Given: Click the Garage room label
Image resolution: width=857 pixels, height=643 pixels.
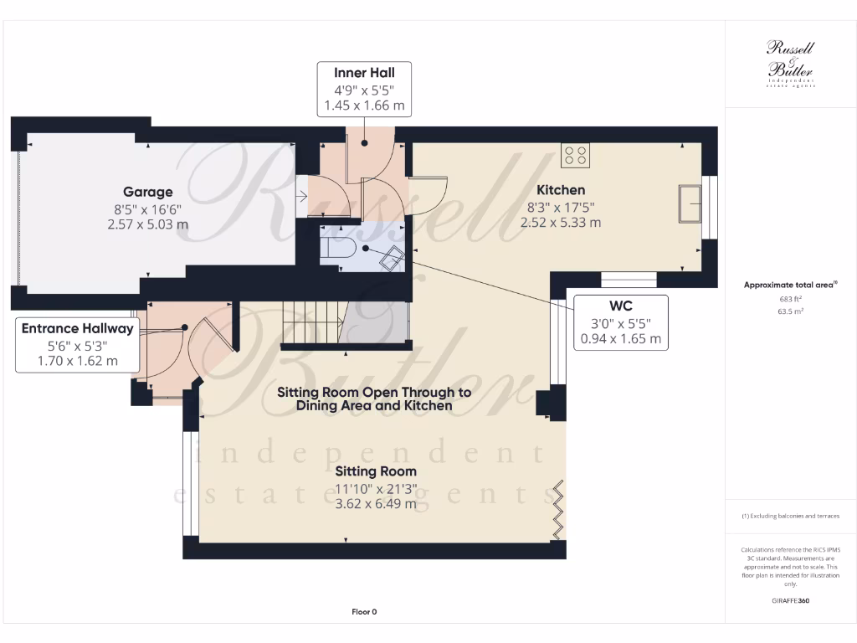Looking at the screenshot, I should point(148,192).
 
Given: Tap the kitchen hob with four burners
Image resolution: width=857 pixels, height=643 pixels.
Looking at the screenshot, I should point(576,155).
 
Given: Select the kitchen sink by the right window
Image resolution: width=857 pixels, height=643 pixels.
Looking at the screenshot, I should point(690,203).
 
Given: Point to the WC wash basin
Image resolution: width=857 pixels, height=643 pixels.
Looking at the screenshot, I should point(391,259).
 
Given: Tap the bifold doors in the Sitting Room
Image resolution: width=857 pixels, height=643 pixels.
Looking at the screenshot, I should point(558,509).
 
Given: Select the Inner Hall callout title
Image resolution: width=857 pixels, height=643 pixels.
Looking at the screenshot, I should point(364,73).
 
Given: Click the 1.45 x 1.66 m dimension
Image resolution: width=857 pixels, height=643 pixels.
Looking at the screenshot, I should point(364,106).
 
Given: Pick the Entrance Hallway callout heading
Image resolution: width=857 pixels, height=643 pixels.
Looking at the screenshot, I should point(78,329).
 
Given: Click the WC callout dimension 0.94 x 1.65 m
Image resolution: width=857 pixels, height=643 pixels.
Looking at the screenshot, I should point(621,339).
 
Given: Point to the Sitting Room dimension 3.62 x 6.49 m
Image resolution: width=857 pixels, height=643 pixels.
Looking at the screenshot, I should point(376,504).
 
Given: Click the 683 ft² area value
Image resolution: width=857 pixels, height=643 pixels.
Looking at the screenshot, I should point(790,298).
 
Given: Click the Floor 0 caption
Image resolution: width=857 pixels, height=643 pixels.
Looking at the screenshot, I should point(364,612).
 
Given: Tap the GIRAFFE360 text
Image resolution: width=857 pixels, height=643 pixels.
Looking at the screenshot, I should point(790,600).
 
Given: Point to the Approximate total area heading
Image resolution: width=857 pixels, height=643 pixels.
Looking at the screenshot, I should point(789,285).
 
